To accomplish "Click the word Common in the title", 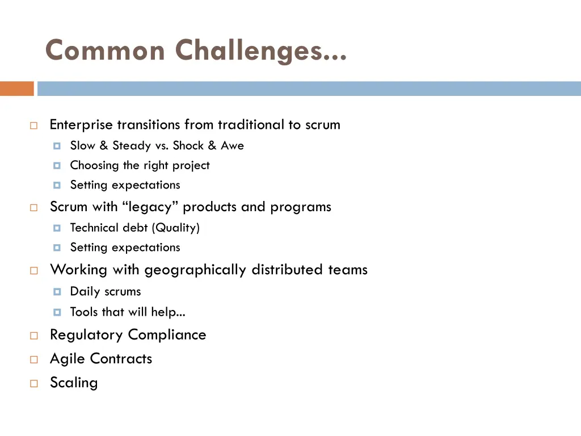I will [105, 51].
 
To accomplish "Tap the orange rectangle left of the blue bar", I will [16, 89].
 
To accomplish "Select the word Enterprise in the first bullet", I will [81, 125].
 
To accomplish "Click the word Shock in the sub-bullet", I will [188, 146].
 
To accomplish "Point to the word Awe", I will [232, 146].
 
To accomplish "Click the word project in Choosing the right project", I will [191, 166].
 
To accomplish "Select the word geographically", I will [195, 270].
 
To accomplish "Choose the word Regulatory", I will [87, 335].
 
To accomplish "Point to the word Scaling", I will [74, 383].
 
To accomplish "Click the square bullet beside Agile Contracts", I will [33, 359].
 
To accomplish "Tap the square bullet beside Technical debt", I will [57, 228].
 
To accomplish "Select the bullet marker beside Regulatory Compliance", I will [33, 336].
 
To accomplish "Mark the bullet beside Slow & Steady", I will [57, 146].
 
